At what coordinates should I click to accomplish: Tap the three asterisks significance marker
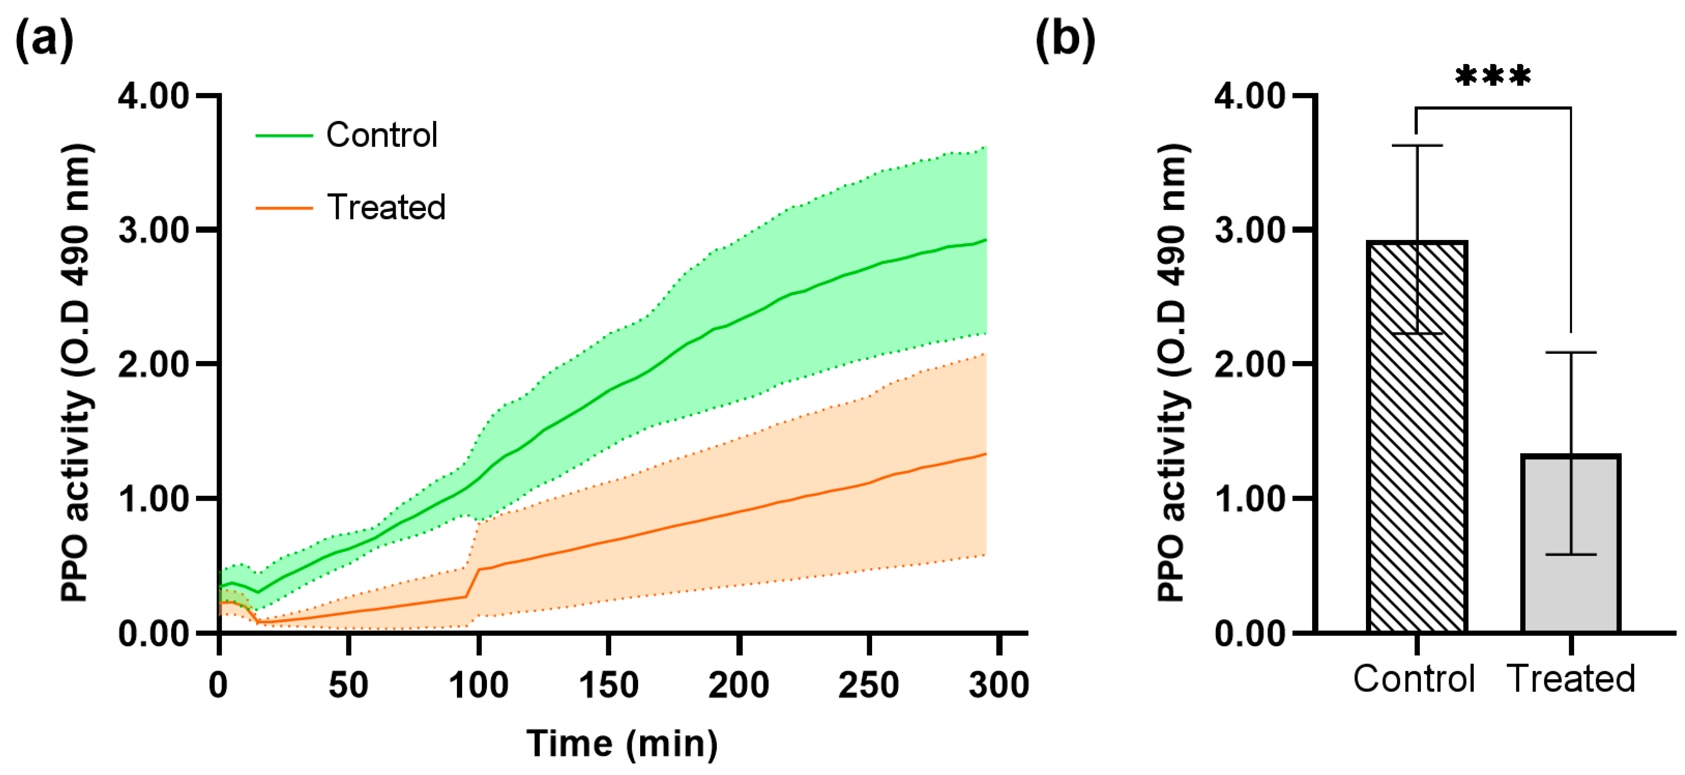pyautogui.click(x=1493, y=77)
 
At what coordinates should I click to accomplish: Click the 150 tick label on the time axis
pyautogui.click(x=609, y=685)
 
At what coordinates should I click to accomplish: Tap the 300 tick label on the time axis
pyautogui.click(x=999, y=685)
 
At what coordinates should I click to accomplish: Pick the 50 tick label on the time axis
pyautogui.click(x=348, y=685)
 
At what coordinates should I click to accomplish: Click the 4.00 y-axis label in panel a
pyautogui.click(x=154, y=96)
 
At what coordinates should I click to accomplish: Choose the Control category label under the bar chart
pyautogui.click(x=1414, y=678)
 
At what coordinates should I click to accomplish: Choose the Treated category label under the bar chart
pyautogui.click(x=1571, y=678)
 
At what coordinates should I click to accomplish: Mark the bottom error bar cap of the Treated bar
pyautogui.click(x=1571, y=555)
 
